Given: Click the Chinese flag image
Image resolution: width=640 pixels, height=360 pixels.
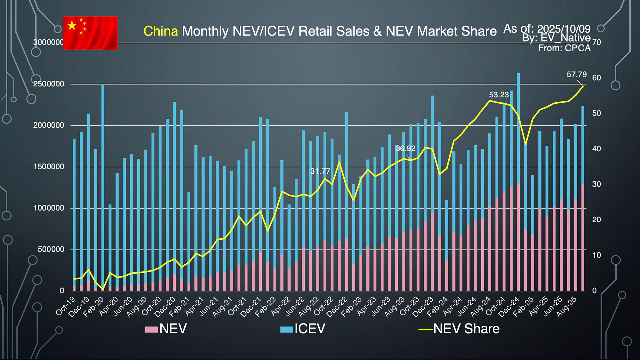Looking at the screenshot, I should (90, 33).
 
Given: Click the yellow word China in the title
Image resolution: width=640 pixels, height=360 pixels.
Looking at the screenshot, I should (161, 31).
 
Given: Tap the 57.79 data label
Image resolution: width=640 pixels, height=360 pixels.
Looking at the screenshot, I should (577, 75).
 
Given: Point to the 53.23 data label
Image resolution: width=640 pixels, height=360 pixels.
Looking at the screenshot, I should (499, 95).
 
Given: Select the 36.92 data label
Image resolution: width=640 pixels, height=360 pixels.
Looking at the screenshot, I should (405, 148).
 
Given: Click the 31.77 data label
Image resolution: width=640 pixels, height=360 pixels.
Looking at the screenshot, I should (320, 171).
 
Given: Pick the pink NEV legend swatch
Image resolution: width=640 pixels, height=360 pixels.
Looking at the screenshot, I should (151, 329).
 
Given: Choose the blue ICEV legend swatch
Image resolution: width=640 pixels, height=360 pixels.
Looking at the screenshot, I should (286, 329).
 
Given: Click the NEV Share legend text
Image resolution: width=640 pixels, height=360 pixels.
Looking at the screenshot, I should (466, 329).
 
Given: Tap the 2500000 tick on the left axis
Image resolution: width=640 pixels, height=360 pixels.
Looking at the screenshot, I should (49, 84).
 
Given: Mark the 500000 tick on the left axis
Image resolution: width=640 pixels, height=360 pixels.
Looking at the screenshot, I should (51, 250).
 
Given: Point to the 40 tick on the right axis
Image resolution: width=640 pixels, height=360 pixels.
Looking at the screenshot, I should (596, 149).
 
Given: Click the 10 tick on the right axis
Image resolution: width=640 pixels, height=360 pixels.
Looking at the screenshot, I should (596, 255).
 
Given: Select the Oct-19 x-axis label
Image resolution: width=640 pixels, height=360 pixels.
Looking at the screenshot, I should (66, 306).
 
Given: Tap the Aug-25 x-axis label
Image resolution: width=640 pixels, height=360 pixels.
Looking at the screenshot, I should (567, 307).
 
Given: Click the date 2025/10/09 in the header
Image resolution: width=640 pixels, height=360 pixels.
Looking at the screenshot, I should (564, 29).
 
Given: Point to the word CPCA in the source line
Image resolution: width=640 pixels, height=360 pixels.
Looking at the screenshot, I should (578, 48).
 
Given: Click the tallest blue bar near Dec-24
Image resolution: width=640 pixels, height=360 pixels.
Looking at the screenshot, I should (518, 128).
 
